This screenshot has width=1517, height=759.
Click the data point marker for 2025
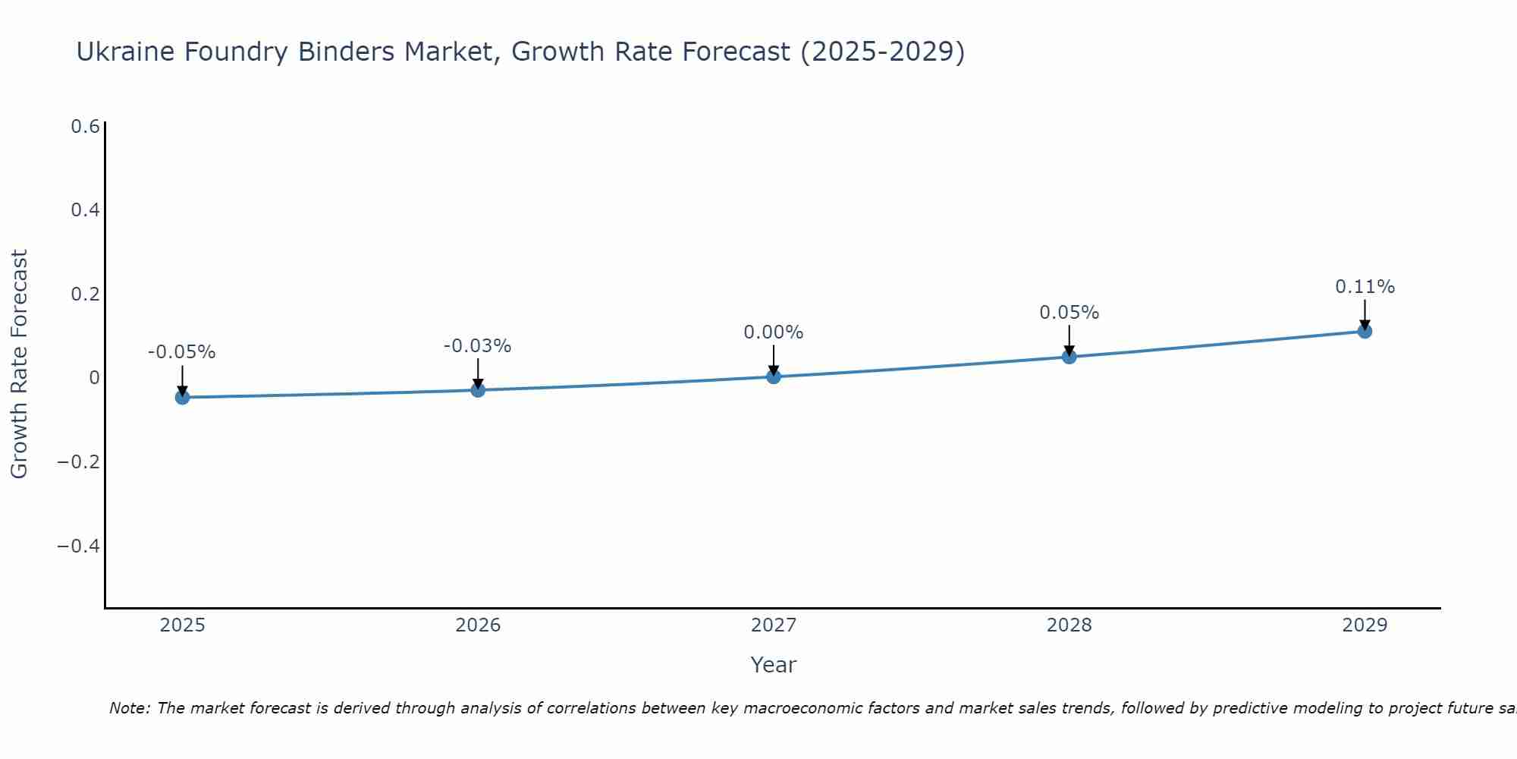coord(182,397)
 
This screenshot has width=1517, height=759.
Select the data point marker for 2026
coord(478,390)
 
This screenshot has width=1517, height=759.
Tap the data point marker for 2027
coord(774,376)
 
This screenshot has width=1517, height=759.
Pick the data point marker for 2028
coord(1069,357)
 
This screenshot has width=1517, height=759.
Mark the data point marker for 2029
coord(1365,331)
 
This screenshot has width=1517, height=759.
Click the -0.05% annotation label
coord(182,352)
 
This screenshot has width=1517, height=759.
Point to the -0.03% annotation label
coord(478,346)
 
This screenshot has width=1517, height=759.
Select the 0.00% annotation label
coord(774,332)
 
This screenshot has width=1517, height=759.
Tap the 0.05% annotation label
coord(1069,313)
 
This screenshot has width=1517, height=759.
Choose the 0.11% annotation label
coord(1365,287)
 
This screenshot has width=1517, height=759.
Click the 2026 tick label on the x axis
coord(478,625)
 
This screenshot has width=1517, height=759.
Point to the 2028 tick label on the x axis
coord(1069,625)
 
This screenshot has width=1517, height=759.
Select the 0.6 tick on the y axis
coord(86,126)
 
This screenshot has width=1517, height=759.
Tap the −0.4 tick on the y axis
coord(79,546)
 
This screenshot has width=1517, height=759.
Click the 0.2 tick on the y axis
coord(86,294)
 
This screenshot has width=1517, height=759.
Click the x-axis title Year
coord(774,665)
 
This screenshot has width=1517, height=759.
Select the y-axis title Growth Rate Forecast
coord(20,364)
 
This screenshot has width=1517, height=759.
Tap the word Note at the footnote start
coord(129,708)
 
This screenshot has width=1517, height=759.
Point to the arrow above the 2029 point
coord(1365,313)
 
